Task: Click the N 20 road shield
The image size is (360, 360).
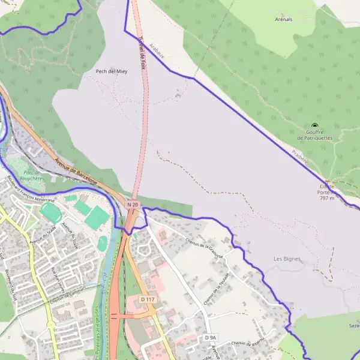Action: pos(133,205)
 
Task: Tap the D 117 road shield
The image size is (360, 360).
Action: pos(147,299)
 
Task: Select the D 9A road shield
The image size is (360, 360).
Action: pos(209,338)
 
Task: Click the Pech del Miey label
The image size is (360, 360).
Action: pos(112,71)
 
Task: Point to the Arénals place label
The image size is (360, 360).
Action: pos(283,19)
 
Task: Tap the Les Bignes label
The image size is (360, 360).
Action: pos(286,259)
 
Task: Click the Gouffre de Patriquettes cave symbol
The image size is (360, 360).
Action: pos(314,125)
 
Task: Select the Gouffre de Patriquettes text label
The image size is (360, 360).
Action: pos(314,134)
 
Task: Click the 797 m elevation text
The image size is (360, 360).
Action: pos(327,197)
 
